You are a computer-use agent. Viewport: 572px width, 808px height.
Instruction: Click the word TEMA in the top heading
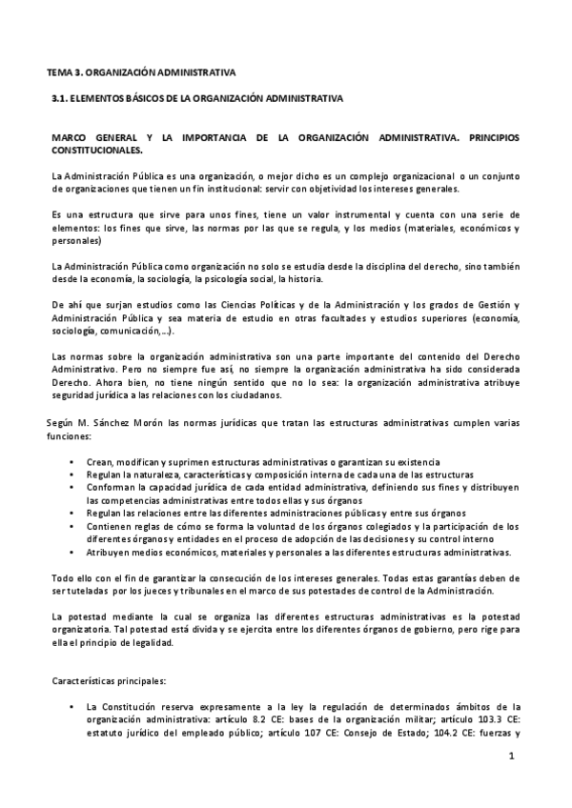[61, 72]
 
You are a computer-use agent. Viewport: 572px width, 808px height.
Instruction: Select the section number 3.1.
[60, 98]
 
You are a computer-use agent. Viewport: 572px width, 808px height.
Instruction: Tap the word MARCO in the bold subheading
[71, 138]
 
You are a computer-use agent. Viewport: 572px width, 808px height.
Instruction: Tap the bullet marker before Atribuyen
[73, 553]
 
